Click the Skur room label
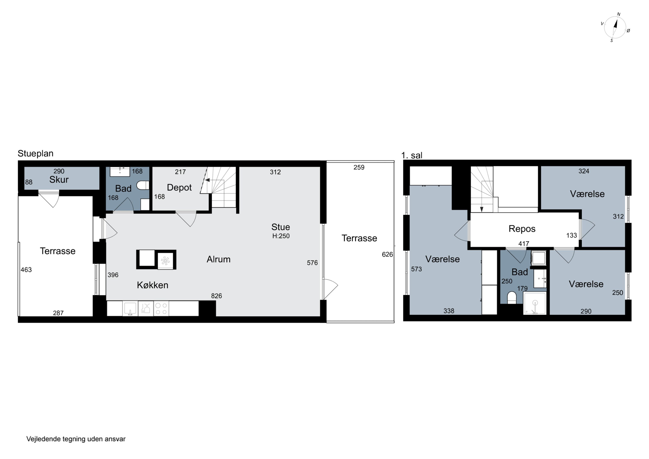pyautogui.click(x=59, y=180)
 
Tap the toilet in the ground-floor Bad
pyautogui.click(x=143, y=185)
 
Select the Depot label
pyautogui.click(x=179, y=187)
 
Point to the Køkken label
pyautogui.click(x=153, y=285)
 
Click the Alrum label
pyautogui.click(x=218, y=259)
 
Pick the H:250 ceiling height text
pyautogui.click(x=281, y=236)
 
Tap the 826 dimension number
pyautogui.click(x=217, y=296)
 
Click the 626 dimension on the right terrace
pyautogui.click(x=387, y=254)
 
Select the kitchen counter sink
pyautogui.click(x=130, y=308)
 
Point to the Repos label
pyautogui.click(x=522, y=229)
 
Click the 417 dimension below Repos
pyautogui.click(x=524, y=243)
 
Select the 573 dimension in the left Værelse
pyautogui.click(x=416, y=269)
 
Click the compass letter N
pyautogui.click(x=618, y=14)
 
